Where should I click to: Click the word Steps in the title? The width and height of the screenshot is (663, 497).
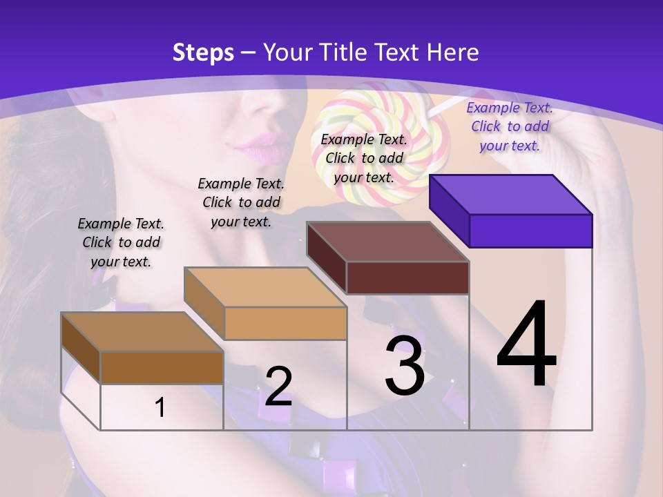point(203,52)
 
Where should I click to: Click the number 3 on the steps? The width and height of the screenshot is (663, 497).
point(405,366)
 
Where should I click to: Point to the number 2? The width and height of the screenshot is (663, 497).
point(279,387)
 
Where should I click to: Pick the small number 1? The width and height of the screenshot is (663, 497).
point(160,407)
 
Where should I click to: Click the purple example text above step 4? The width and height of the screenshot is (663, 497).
point(510,126)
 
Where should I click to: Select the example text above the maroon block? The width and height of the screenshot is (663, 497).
point(364,158)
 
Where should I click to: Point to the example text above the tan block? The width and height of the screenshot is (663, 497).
point(241,202)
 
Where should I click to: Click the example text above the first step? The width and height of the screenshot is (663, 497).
point(121,242)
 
